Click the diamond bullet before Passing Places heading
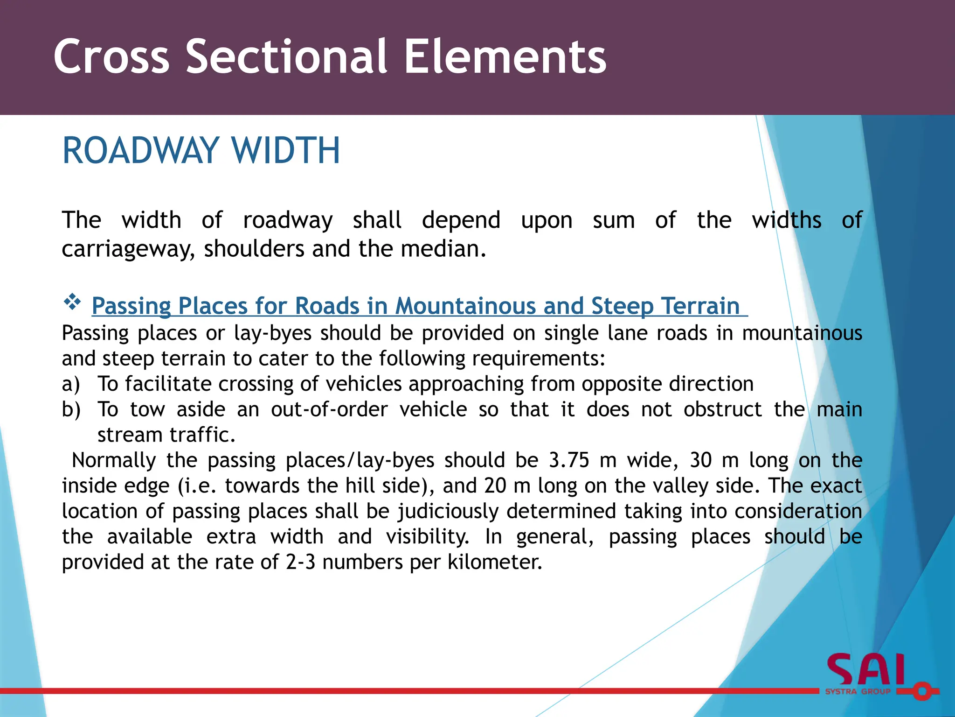[x=72, y=302]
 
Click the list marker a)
[x=71, y=384]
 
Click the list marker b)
[x=71, y=410]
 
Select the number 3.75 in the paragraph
[x=569, y=460]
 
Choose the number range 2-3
[x=300, y=562]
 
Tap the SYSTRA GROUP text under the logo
[x=858, y=692]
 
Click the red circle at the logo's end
[x=921, y=691]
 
